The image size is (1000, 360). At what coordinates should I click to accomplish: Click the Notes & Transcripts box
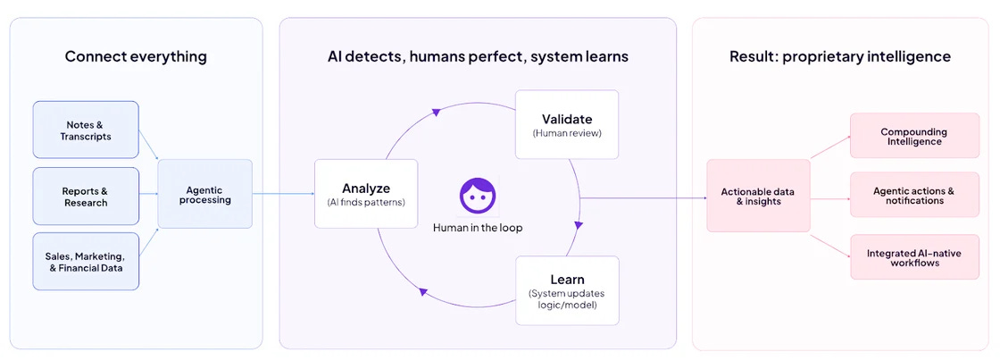pyautogui.click(x=86, y=130)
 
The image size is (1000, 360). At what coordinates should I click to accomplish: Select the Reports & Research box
pyautogui.click(x=86, y=196)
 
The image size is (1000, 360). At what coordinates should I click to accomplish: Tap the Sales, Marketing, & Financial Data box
pyautogui.click(x=86, y=261)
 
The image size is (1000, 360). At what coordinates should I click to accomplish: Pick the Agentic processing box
pyautogui.click(x=205, y=194)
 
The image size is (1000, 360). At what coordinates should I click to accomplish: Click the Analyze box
pyautogui.click(x=366, y=194)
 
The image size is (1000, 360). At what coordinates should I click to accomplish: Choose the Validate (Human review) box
pyautogui.click(x=567, y=124)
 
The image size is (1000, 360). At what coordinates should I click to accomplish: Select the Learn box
pyautogui.click(x=567, y=290)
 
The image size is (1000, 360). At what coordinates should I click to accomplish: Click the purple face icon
pyautogui.click(x=478, y=196)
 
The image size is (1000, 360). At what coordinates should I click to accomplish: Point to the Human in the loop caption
pyautogui.click(x=478, y=228)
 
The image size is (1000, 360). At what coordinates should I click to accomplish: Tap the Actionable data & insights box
pyautogui.click(x=758, y=196)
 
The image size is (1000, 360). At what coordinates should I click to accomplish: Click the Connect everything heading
pyautogui.click(x=136, y=56)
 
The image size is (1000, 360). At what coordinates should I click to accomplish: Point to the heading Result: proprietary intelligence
pyautogui.click(x=839, y=56)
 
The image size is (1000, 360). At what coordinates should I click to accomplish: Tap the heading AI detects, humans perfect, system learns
pyautogui.click(x=478, y=56)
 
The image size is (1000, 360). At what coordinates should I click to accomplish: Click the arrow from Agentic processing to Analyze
pyautogui.click(x=283, y=194)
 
